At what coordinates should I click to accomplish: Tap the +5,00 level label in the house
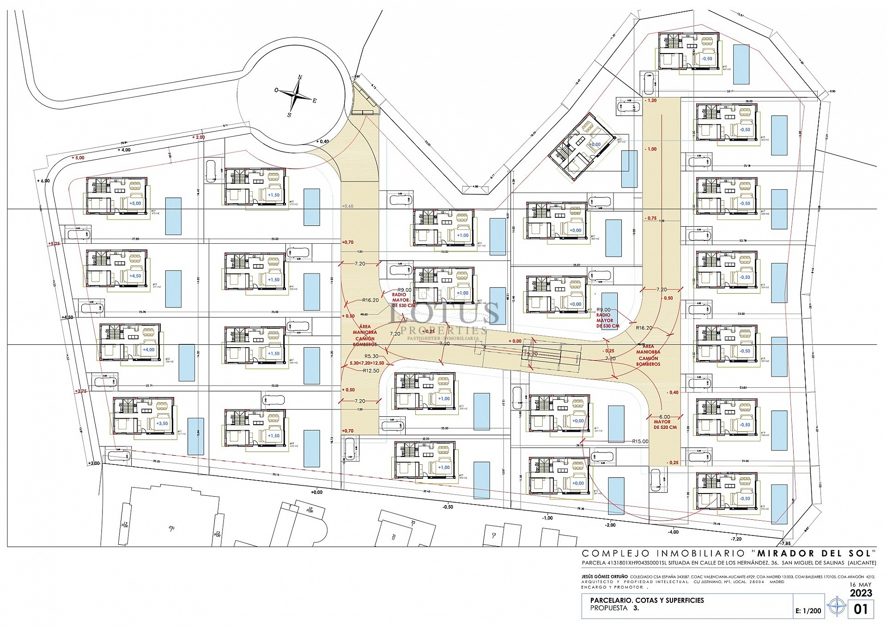(x=135, y=203)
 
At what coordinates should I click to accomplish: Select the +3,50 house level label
(x=162, y=423)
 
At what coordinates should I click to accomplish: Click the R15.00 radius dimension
(x=640, y=441)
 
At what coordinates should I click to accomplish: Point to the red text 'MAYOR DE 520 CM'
(x=665, y=424)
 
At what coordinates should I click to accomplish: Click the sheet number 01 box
(x=861, y=609)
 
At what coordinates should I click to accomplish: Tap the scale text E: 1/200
(x=808, y=611)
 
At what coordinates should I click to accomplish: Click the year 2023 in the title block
(x=861, y=593)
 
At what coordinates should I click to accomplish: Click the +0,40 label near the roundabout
(x=322, y=141)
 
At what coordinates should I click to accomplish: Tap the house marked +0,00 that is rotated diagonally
(x=582, y=147)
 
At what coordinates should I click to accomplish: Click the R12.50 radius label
(x=371, y=371)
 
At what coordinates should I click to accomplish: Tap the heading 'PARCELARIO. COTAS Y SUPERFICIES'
(x=647, y=600)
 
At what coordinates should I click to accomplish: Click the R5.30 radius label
(x=371, y=356)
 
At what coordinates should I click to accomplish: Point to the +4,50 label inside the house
(x=135, y=276)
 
